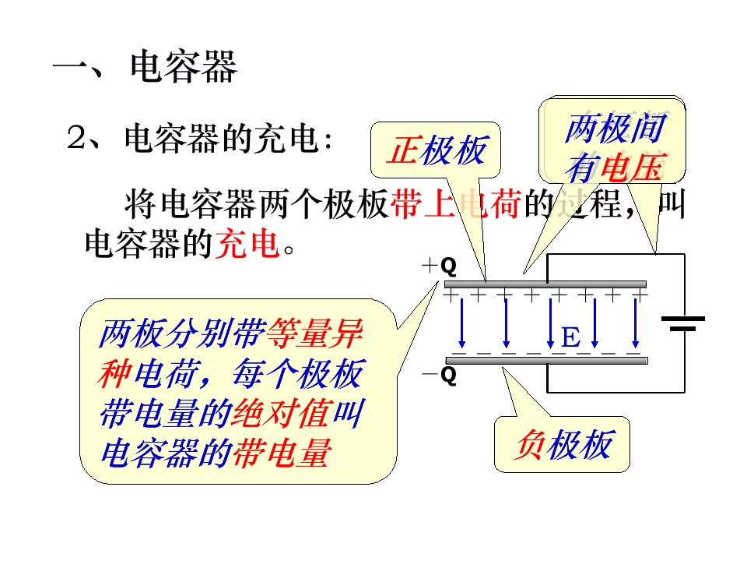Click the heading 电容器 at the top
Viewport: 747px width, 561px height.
[184, 67]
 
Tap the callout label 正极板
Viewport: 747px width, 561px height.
[437, 151]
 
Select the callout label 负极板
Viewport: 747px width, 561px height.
[563, 445]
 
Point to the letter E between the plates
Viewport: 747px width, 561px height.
[570, 337]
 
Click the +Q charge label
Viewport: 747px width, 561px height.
[439, 266]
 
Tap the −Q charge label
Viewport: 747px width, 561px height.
[439, 376]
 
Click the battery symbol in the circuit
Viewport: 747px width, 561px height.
[682, 323]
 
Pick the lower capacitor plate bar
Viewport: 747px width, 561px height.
[545, 359]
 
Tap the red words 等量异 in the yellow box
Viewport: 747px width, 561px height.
[314, 336]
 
